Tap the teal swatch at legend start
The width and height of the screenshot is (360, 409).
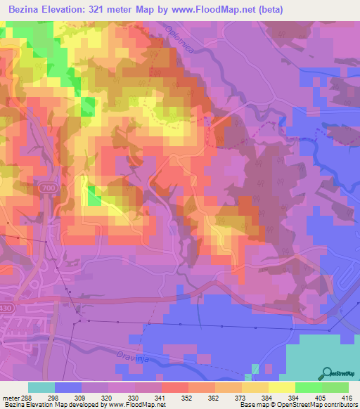(x=41, y=387)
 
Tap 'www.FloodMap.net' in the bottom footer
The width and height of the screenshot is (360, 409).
(x=139, y=405)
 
